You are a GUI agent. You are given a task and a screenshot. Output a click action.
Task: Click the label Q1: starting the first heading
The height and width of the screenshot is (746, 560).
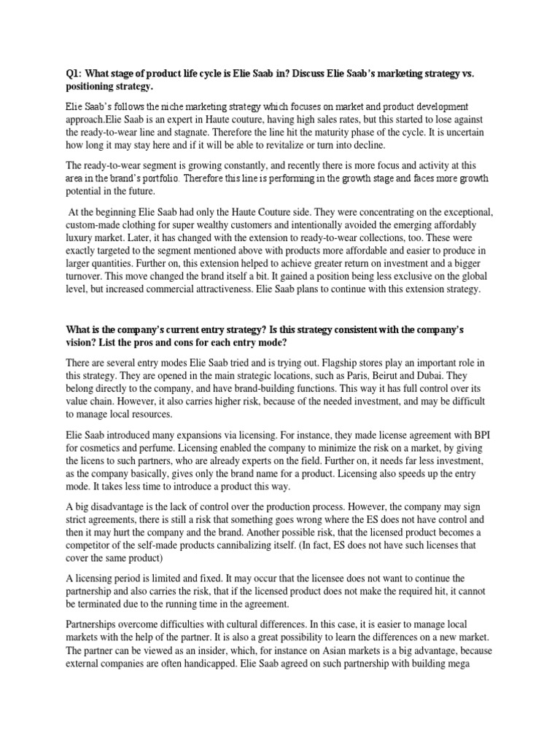pos(72,73)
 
